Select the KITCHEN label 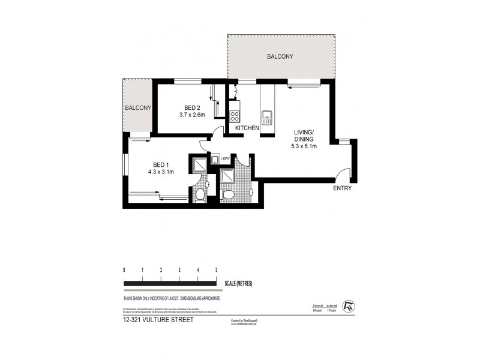tap(247, 128)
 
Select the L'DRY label tap(225, 158)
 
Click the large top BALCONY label tap(280, 57)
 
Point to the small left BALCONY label tap(137, 107)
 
